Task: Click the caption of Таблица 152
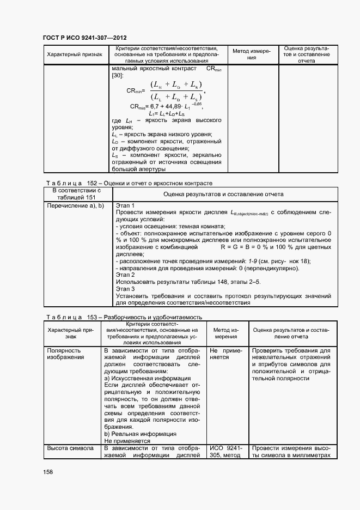tap(127, 183)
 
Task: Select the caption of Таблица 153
tap(124, 317)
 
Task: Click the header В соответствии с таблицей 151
tap(77, 194)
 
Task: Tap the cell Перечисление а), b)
tap(75, 205)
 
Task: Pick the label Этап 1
tap(125, 205)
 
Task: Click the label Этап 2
tap(125, 276)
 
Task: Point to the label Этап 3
tap(125, 289)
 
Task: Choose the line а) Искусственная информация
tap(147, 378)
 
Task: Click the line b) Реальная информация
tap(140, 434)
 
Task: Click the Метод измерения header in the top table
tap(252, 54)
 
